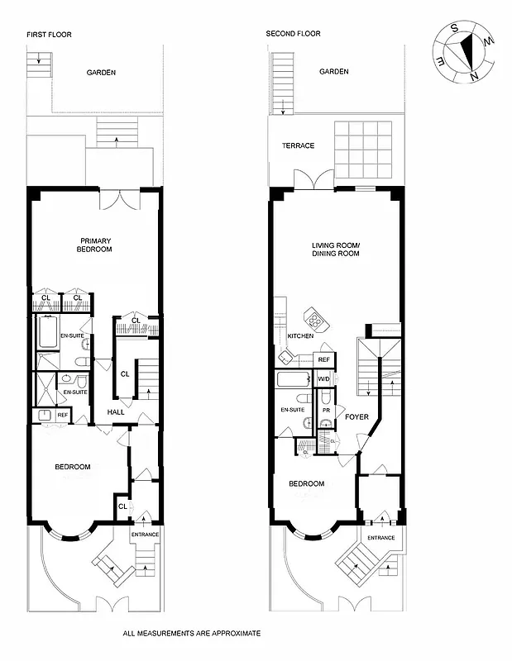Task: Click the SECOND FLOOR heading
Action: tap(293, 34)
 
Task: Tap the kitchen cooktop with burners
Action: tap(315, 317)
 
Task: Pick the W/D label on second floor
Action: tap(323, 378)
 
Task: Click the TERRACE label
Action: tap(298, 145)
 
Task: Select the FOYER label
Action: tap(356, 416)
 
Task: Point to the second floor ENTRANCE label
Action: tap(380, 538)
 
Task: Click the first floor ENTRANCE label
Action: tap(145, 535)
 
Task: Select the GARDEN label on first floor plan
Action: tap(101, 73)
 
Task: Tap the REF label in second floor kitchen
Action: tap(323, 360)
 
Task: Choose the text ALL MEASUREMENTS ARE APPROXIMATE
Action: tap(191, 633)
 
